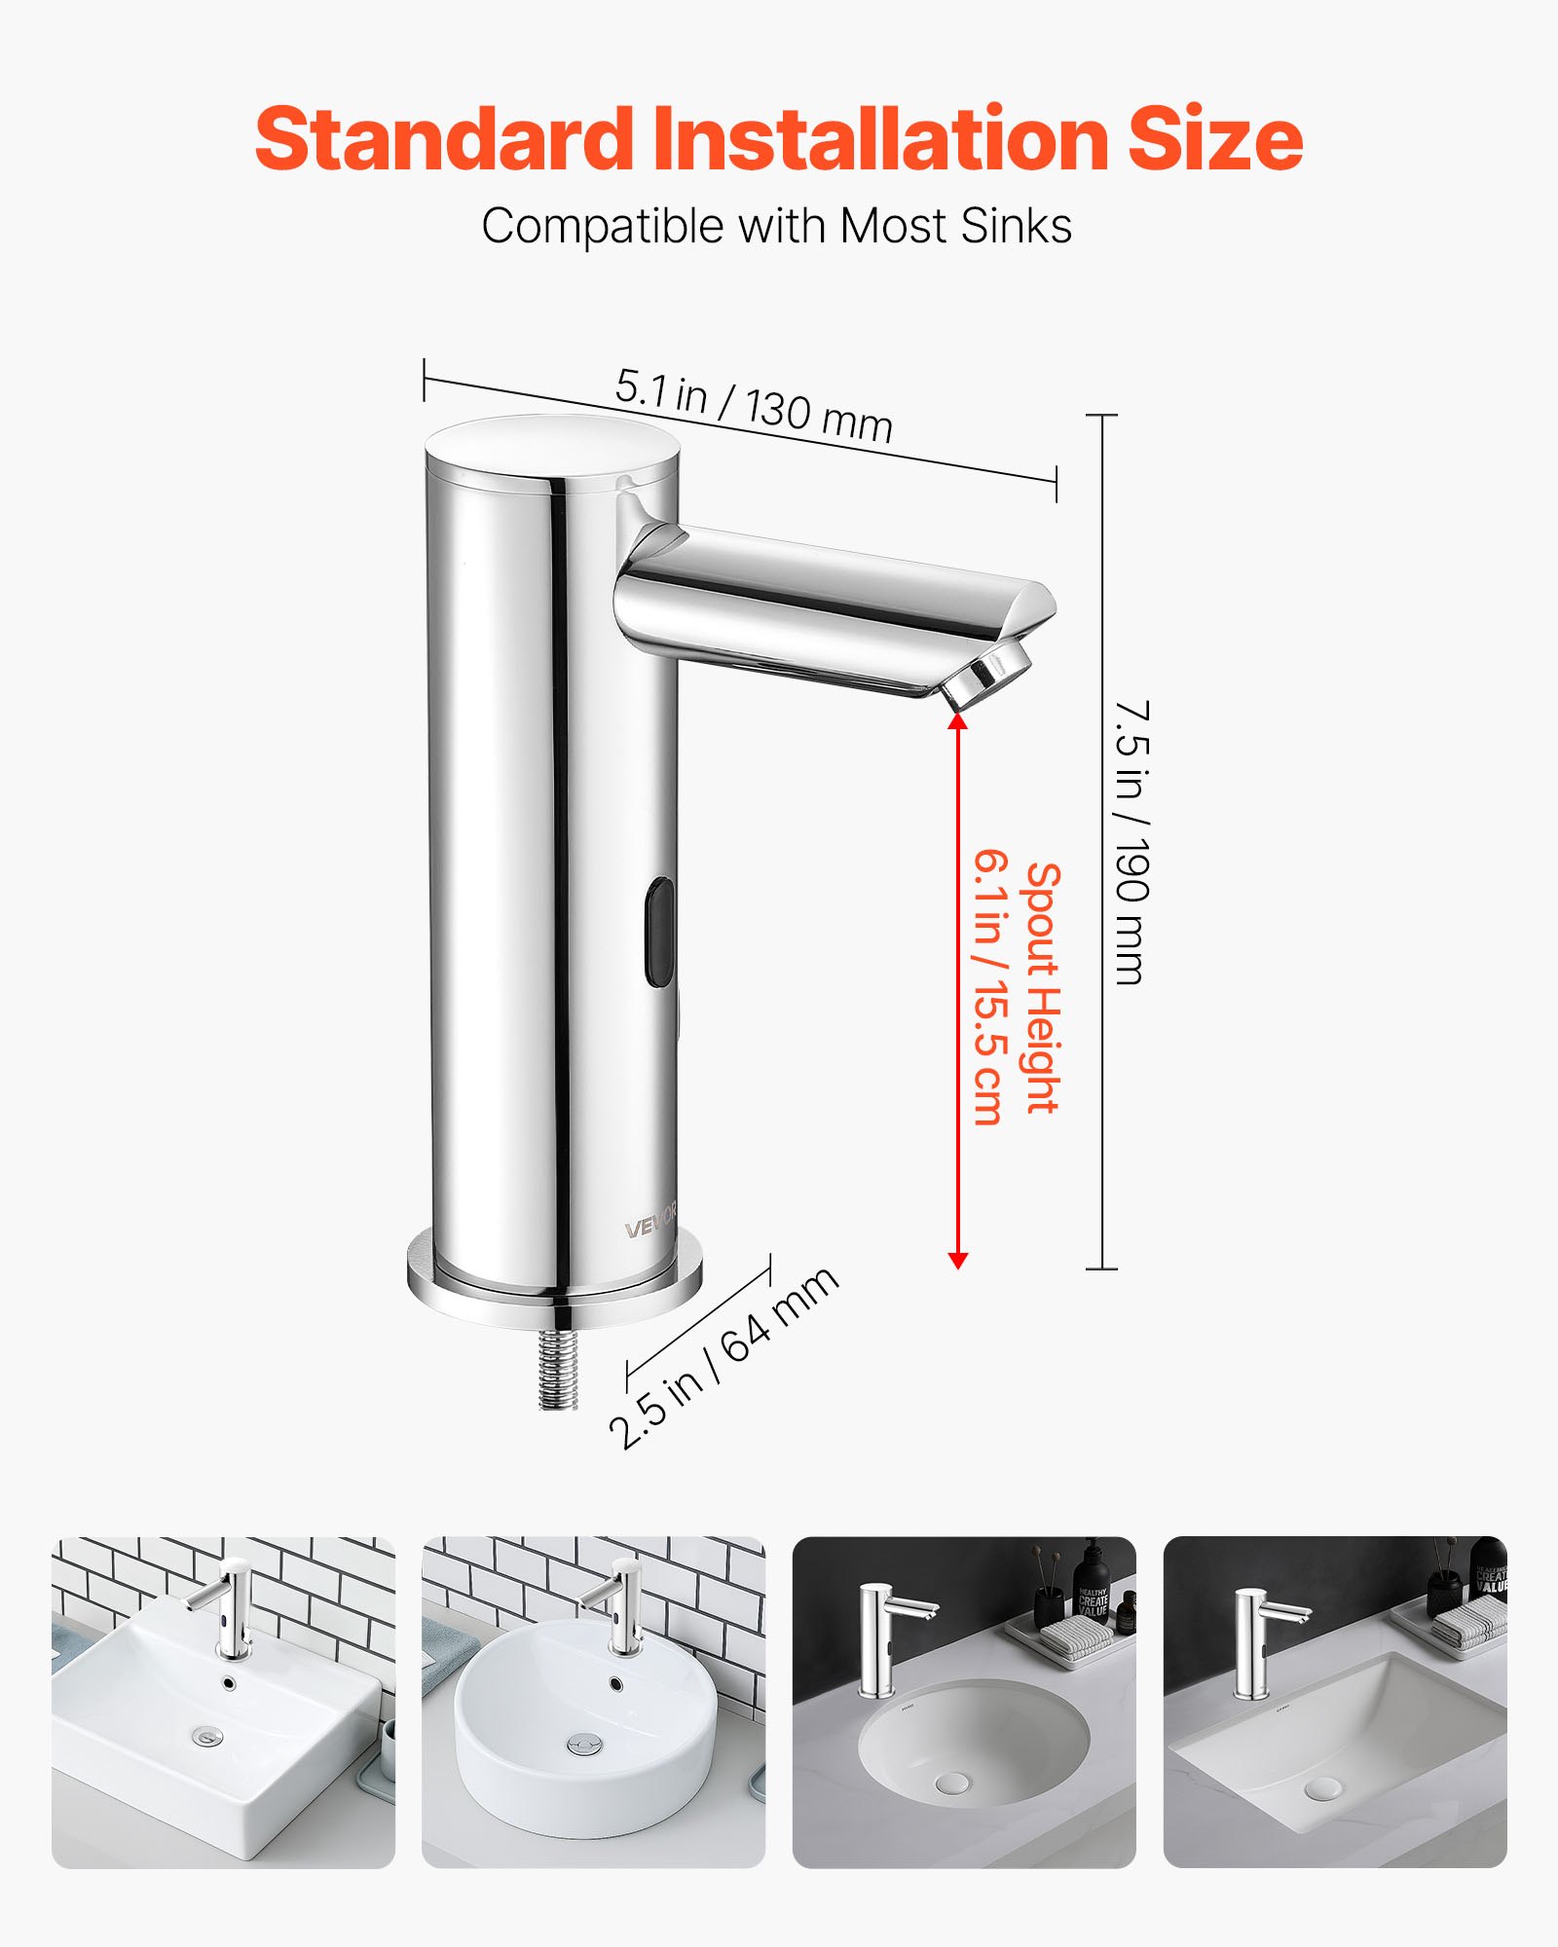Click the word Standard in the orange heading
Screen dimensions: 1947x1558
click(x=443, y=138)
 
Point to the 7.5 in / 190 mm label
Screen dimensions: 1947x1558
click(x=1131, y=841)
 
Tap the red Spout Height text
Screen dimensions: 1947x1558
click(x=1042, y=987)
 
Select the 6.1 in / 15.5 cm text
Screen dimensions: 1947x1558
click(x=987, y=987)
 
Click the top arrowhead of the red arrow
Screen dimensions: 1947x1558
click(x=957, y=721)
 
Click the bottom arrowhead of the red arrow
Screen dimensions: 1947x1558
click(x=957, y=1261)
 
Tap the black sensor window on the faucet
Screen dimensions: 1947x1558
click(x=659, y=931)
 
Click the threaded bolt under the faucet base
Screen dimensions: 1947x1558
click(x=558, y=1368)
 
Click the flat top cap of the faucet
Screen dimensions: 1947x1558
click(x=553, y=446)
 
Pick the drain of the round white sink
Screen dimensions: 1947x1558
click(x=582, y=1744)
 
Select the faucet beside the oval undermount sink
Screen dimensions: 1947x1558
click(x=876, y=1640)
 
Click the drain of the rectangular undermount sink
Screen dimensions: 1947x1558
click(x=1322, y=1787)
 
